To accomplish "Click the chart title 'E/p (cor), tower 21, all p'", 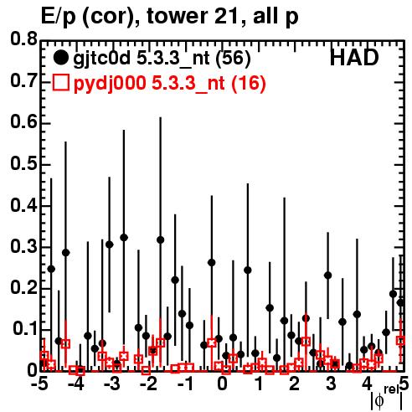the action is (x=170, y=17).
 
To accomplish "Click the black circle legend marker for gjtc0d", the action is (x=60, y=58).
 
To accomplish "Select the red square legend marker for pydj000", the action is (x=60, y=83).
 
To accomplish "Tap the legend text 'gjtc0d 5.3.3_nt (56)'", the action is (x=162, y=59).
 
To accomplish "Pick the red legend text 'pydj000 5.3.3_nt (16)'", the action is (x=169, y=84).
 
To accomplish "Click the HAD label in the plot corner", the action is (x=354, y=58).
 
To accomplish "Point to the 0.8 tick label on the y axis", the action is (x=23, y=39).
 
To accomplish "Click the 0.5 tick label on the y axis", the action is (x=23, y=163).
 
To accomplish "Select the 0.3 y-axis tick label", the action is (x=23, y=246).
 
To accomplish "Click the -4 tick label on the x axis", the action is (x=75, y=384).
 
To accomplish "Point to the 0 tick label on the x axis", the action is (x=222, y=384).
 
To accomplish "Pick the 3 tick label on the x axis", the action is (x=331, y=384).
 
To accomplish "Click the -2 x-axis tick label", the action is (x=148, y=384).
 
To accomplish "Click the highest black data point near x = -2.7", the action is (x=124, y=238).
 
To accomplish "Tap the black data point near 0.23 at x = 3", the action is (x=328, y=276).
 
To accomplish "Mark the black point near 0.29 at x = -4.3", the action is (x=65, y=253).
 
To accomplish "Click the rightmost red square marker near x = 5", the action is (x=401, y=340).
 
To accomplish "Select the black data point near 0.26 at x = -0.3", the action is (x=212, y=262).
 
